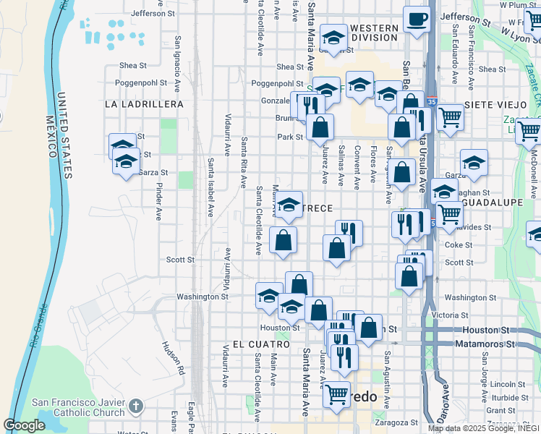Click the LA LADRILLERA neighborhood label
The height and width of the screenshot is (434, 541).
[144, 104]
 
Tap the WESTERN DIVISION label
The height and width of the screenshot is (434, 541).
[374, 33]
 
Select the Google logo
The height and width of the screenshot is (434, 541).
[24, 425]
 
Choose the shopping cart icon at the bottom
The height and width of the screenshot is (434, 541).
[336, 395]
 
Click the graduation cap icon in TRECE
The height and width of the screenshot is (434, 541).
[289, 205]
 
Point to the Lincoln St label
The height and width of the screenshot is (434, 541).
[501, 383]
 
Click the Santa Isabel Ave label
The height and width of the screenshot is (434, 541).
[210, 188]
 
